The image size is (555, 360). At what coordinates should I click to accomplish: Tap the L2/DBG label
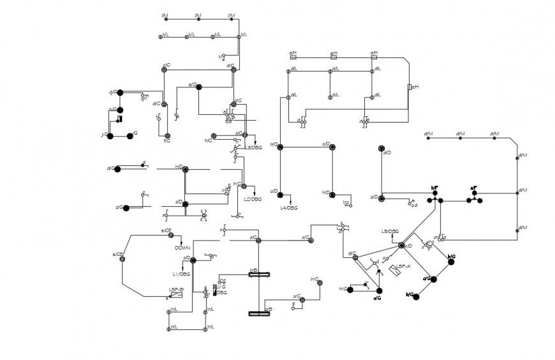point(253,199)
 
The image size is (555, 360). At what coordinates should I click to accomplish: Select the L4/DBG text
point(289,207)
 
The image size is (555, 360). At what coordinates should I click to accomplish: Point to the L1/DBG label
point(181,274)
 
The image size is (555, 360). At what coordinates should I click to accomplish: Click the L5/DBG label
point(390,231)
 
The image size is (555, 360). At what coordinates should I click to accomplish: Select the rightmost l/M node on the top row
point(230,19)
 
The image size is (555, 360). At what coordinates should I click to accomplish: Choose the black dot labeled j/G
point(109,135)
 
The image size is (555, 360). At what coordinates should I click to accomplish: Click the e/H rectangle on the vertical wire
point(409,87)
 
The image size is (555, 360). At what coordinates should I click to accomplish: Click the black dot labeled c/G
point(433,279)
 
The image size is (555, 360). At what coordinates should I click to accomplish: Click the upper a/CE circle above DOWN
point(171,235)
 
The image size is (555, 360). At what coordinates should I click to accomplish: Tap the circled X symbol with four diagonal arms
point(204,216)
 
